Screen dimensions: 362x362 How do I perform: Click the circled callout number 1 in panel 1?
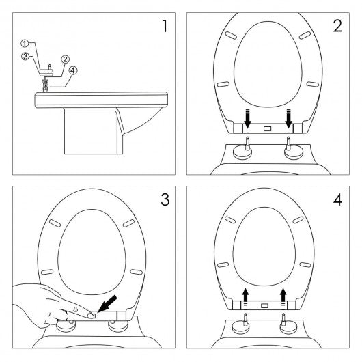25,44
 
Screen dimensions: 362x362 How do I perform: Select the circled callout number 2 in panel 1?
66,59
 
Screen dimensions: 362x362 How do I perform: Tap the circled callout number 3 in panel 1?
25,56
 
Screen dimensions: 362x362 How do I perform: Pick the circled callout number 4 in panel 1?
73,70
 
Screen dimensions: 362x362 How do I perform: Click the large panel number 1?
165,26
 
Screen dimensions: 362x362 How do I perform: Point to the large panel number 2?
337,26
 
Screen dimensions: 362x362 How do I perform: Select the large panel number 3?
165,199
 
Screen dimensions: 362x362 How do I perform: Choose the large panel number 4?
337,199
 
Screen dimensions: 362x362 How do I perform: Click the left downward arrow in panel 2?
247,119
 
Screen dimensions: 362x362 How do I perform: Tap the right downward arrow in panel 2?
289,119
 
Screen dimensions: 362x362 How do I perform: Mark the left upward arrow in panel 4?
245,297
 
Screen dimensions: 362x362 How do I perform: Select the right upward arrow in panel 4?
283,297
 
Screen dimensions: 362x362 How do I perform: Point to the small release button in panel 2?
267,128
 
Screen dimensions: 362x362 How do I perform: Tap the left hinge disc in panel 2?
242,152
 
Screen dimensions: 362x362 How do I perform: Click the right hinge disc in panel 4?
289,327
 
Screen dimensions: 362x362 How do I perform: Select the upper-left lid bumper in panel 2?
231,35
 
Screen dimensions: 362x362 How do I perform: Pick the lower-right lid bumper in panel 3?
137,272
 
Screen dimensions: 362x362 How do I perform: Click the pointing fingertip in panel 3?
92,316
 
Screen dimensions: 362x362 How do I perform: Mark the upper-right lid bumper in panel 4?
298,220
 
